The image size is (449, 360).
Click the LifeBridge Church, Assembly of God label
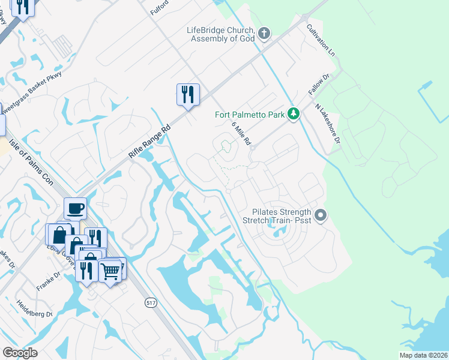coord(221,34)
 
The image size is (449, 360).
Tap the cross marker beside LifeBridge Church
coord(265,32)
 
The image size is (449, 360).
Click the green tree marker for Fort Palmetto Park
coord(294,113)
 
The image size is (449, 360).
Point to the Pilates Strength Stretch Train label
coord(281,216)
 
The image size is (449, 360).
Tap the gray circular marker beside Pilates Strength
coord(321,215)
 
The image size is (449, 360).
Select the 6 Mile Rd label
coord(241,131)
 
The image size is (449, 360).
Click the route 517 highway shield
coord(151,304)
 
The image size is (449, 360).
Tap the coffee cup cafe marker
coord(75,208)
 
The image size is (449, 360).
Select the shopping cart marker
coord(110,271)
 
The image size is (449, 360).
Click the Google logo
coord(20,353)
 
